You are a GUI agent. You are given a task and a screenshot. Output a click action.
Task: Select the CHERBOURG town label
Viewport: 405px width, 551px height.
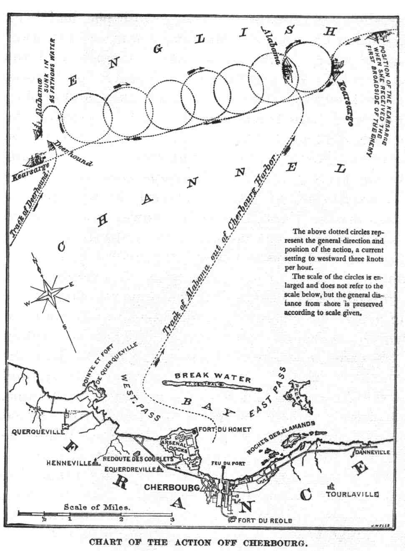[171, 487]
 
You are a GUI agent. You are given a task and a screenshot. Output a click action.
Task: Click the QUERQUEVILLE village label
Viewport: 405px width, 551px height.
[38, 432]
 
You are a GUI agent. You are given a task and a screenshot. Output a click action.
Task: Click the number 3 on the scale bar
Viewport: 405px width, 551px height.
[171, 519]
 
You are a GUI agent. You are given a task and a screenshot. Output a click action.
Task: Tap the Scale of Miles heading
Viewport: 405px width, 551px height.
[97, 507]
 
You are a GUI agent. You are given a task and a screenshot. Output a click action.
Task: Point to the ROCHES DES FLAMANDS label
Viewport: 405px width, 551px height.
[281, 437]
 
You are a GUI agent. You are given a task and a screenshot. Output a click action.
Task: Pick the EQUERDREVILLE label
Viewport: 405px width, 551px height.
[130, 469]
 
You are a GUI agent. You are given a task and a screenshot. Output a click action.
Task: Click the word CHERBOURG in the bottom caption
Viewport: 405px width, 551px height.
[274, 543]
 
